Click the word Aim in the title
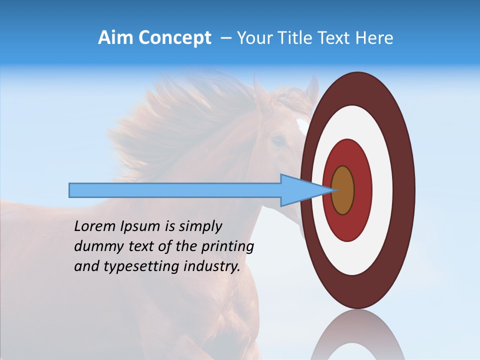[x=116, y=38]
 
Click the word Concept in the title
[x=174, y=38]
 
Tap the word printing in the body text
[x=227, y=246]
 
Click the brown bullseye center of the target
[x=343, y=190]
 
